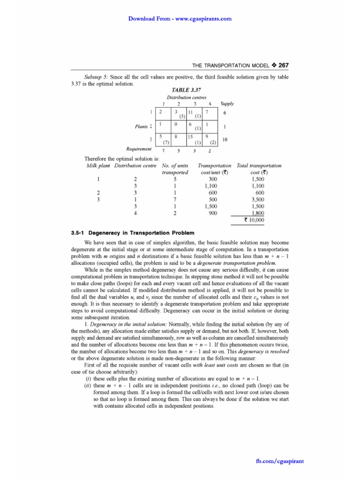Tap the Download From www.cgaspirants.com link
pyautogui.click(x=180, y=19)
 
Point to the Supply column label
pyautogui.click(x=227, y=104)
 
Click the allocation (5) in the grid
pyautogui.click(x=182, y=116)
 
